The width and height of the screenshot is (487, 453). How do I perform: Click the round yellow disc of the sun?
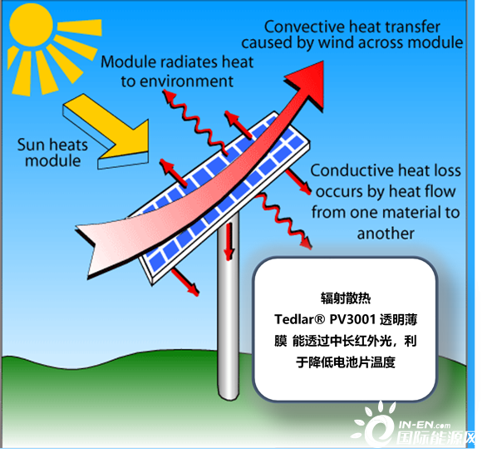31,25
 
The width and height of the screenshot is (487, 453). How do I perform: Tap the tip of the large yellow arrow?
148,152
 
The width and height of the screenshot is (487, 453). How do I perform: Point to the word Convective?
298,27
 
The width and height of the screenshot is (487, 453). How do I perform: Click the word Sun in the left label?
31,145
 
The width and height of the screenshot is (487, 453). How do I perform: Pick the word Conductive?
352,170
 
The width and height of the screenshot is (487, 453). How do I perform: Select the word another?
386,234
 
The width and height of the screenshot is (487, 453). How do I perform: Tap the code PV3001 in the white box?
352,319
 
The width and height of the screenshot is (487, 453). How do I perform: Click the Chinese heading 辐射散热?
346,298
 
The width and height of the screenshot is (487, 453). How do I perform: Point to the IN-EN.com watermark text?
425,425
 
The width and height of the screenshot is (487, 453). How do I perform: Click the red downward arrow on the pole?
229,242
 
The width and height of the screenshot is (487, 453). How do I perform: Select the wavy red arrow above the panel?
195,122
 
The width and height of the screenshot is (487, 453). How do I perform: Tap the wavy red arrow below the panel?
283,220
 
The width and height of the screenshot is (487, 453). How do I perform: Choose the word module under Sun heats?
53,161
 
